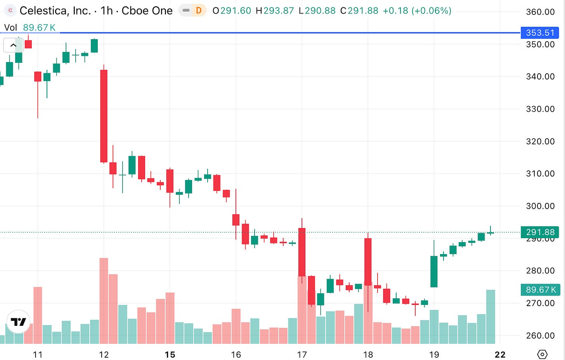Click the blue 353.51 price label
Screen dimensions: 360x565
(x=539, y=33)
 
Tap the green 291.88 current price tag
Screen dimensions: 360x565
(x=540, y=232)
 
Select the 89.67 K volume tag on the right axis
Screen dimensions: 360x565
(x=540, y=290)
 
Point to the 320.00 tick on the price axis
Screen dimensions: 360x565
(x=540, y=141)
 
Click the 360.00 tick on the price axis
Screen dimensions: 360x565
(x=540, y=12)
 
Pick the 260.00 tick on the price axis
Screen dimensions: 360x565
(x=540, y=336)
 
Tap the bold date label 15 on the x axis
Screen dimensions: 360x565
(x=170, y=355)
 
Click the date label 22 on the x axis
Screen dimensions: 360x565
(x=500, y=355)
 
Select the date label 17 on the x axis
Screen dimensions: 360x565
(x=302, y=355)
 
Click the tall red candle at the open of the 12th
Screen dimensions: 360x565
(x=104, y=116)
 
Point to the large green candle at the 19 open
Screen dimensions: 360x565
(x=434, y=271)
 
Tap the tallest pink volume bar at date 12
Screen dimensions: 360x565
(x=104, y=301)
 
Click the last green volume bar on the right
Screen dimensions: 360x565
(x=490, y=317)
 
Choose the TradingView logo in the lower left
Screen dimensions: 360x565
(x=18, y=322)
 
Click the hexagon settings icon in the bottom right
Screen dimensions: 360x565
(x=542, y=354)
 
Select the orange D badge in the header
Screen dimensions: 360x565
(x=199, y=10)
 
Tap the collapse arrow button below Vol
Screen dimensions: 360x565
(x=13, y=45)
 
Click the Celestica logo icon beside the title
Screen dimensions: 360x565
(x=10, y=10)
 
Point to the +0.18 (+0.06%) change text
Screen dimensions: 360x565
(x=417, y=10)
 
